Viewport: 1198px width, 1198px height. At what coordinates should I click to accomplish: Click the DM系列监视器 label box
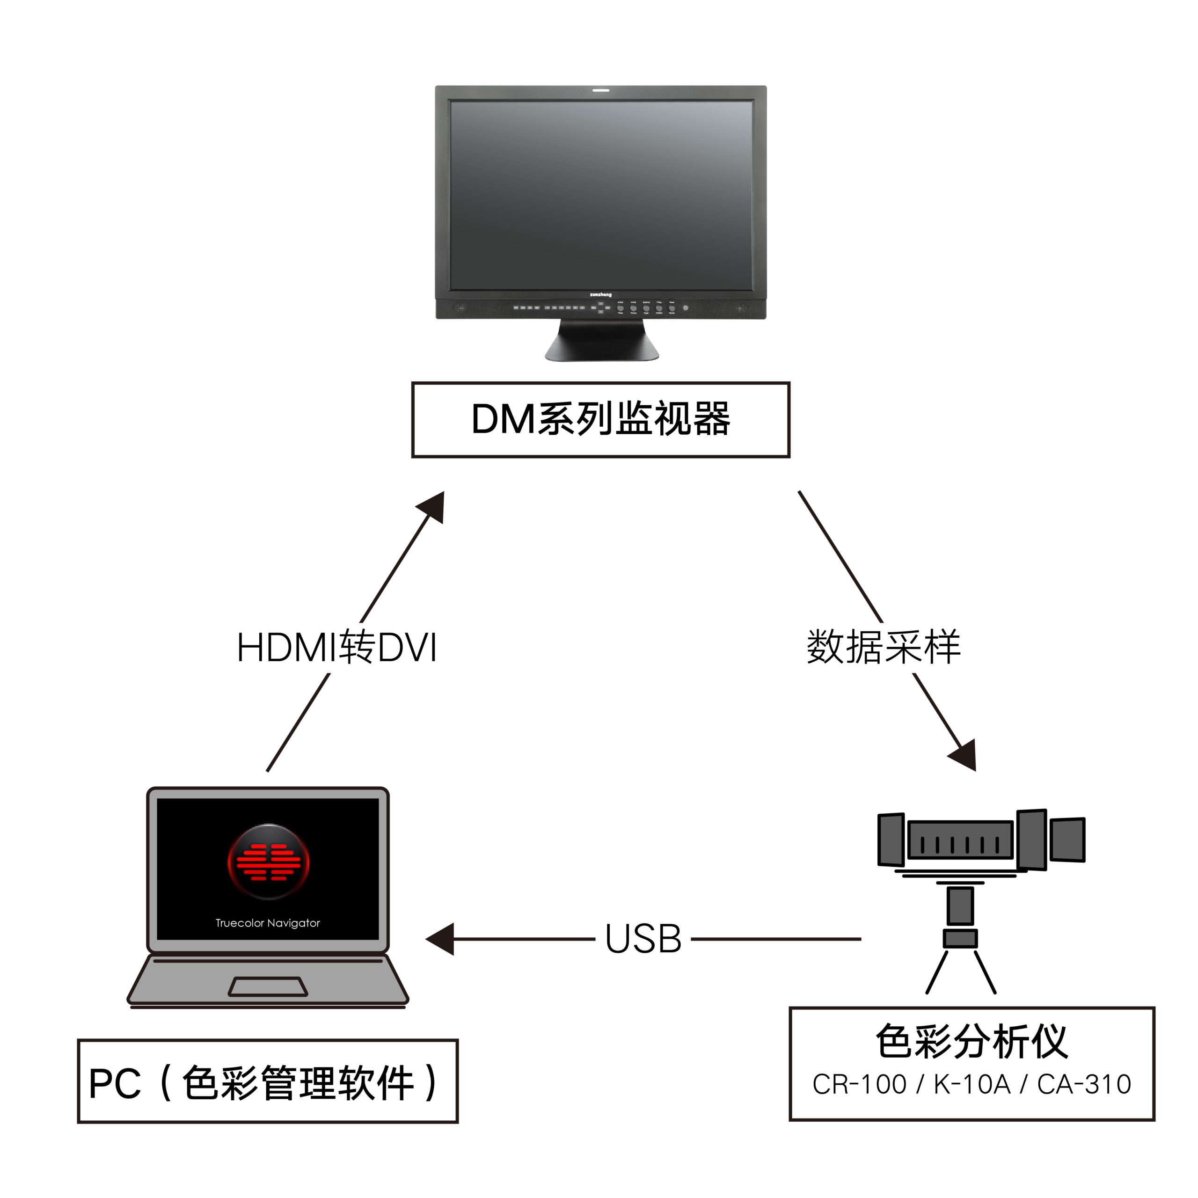[600, 420]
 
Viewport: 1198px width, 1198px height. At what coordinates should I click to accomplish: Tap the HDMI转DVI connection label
[337, 648]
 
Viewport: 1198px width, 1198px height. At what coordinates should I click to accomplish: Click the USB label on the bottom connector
[643, 939]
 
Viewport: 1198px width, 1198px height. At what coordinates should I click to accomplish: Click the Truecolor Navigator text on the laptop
[267, 923]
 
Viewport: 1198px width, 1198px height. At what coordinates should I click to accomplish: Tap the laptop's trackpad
[268, 986]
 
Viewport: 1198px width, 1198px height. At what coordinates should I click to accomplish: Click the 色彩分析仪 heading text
[971, 1042]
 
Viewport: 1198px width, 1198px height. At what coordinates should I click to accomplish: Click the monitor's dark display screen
[600, 195]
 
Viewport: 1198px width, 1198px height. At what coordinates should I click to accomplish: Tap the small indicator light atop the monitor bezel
[600, 90]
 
